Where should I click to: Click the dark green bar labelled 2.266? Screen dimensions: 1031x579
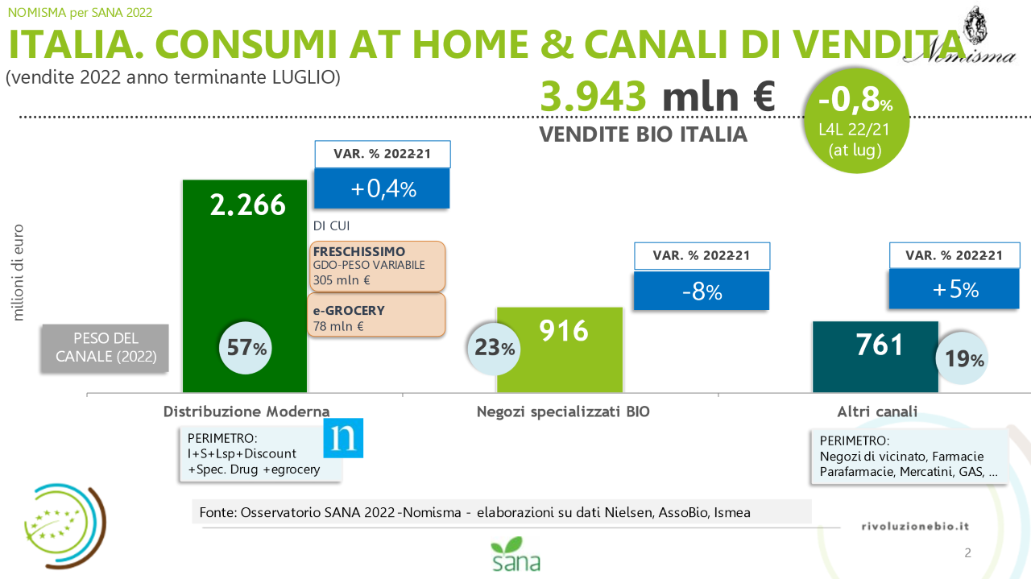[244, 286]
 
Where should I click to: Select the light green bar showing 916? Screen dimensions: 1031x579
[560, 349]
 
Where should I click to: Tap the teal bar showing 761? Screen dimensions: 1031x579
[875, 357]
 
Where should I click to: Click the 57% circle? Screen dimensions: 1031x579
[246, 348]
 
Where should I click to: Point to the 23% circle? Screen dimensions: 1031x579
[494, 349]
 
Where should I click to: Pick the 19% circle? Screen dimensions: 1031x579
[962, 358]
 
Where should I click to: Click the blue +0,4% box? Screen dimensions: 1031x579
[382, 188]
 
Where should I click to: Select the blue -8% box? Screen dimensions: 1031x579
[701, 291]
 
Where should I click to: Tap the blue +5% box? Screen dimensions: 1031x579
[954, 289]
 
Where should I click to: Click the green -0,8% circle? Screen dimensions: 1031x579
[855, 121]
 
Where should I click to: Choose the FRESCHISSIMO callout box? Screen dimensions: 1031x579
[377, 266]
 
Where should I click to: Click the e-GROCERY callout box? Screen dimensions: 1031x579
[376, 316]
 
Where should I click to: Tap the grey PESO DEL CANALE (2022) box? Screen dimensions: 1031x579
[105, 348]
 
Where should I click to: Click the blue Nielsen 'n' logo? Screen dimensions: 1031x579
[343, 438]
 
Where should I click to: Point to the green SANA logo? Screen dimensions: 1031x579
[516, 554]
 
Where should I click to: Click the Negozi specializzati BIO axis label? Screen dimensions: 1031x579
[563, 411]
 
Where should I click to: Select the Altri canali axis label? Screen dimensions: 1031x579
[877, 411]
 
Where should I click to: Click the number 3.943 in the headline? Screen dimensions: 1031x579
[594, 97]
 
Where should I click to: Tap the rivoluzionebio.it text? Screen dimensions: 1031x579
[915, 526]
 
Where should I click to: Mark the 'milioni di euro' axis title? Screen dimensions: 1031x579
[18, 272]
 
